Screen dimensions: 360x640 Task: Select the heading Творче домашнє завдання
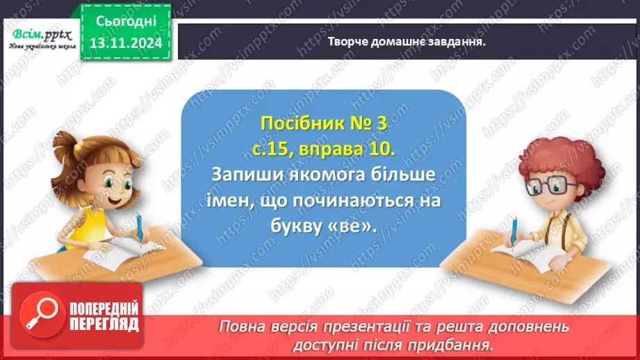406,41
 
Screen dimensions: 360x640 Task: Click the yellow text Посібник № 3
322,124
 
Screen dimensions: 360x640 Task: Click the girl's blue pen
140,229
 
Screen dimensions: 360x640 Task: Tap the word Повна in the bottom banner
244,327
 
